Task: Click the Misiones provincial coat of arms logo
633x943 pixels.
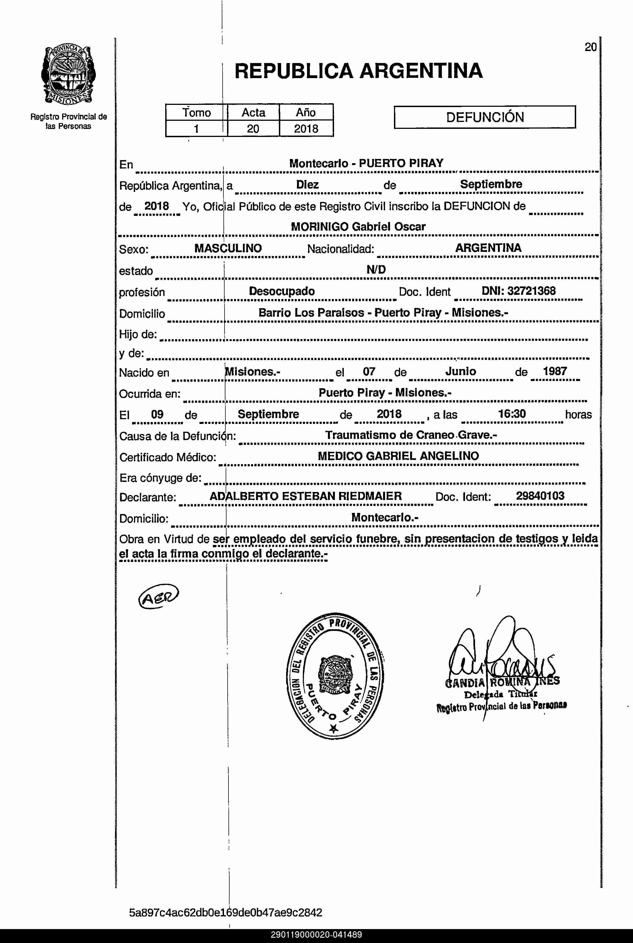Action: point(68,75)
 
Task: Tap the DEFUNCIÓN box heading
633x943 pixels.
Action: point(485,117)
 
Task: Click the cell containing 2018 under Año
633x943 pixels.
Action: point(306,129)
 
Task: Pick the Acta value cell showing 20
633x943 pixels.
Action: point(253,129)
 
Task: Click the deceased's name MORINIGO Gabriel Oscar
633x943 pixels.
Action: point(358,227)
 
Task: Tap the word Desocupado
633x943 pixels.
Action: point(281,291)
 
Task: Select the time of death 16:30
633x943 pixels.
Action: point(512,414)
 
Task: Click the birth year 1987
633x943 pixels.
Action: point(555,371)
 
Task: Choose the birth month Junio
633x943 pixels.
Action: point(461,371)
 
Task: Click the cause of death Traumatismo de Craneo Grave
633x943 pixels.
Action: point(411,435)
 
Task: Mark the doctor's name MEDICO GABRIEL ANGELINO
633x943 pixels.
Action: point(398,456)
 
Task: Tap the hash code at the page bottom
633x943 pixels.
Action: point(225,912)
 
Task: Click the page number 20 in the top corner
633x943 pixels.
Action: point(590,47)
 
